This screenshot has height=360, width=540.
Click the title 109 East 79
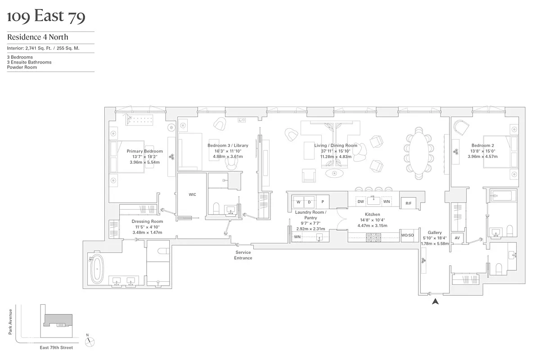(46, 17)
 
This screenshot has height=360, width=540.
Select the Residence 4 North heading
(37, 37)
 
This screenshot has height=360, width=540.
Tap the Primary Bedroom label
(144, 151)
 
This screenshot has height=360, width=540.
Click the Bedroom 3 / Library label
(228, 145)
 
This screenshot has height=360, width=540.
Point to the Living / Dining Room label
(335, 145)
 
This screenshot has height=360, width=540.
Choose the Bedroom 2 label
(483, 145)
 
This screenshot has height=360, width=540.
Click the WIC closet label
(192, 194)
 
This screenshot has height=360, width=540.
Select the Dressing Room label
(147, 221)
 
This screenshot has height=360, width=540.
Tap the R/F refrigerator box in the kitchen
(408, 203)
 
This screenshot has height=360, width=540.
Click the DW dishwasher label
(360, 202)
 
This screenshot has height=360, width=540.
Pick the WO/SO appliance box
(407, 235)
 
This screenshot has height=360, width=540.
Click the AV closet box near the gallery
(457, 238)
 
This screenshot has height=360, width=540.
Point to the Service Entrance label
(243, 255)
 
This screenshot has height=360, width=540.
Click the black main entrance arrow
(435, 302)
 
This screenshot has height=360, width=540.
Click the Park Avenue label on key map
(10, 321)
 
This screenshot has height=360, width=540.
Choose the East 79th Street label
(56, 347)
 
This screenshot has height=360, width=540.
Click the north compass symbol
(90, 341)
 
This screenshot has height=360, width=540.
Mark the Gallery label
(434, 233)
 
